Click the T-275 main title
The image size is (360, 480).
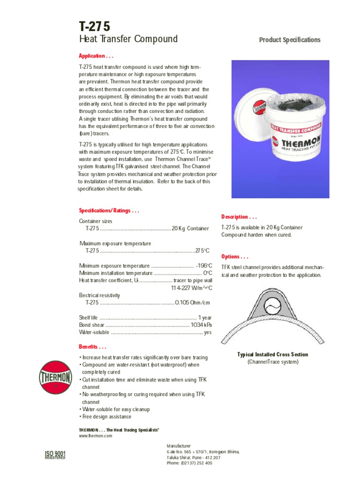tap(95, 26)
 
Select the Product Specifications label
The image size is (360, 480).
tap(290, 40)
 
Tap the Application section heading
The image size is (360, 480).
tap(96, 56)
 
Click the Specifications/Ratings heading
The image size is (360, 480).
tap(109, 211)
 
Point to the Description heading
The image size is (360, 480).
tap(239, 217)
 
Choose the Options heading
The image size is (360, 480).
tap(235, 257)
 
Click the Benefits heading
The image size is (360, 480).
tap(92, 347)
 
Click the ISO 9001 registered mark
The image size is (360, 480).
tap(55, 455)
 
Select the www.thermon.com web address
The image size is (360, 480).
tap(96, 436)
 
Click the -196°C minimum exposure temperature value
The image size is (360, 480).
tap(204, 266)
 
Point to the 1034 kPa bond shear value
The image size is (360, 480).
tap(202, 324)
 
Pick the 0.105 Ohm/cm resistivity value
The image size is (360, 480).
tap(192, 302)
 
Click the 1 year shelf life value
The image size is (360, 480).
tap(205, 317)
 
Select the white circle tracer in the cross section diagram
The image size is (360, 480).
tap(272, 308)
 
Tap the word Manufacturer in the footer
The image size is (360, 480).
tap(179, 446)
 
